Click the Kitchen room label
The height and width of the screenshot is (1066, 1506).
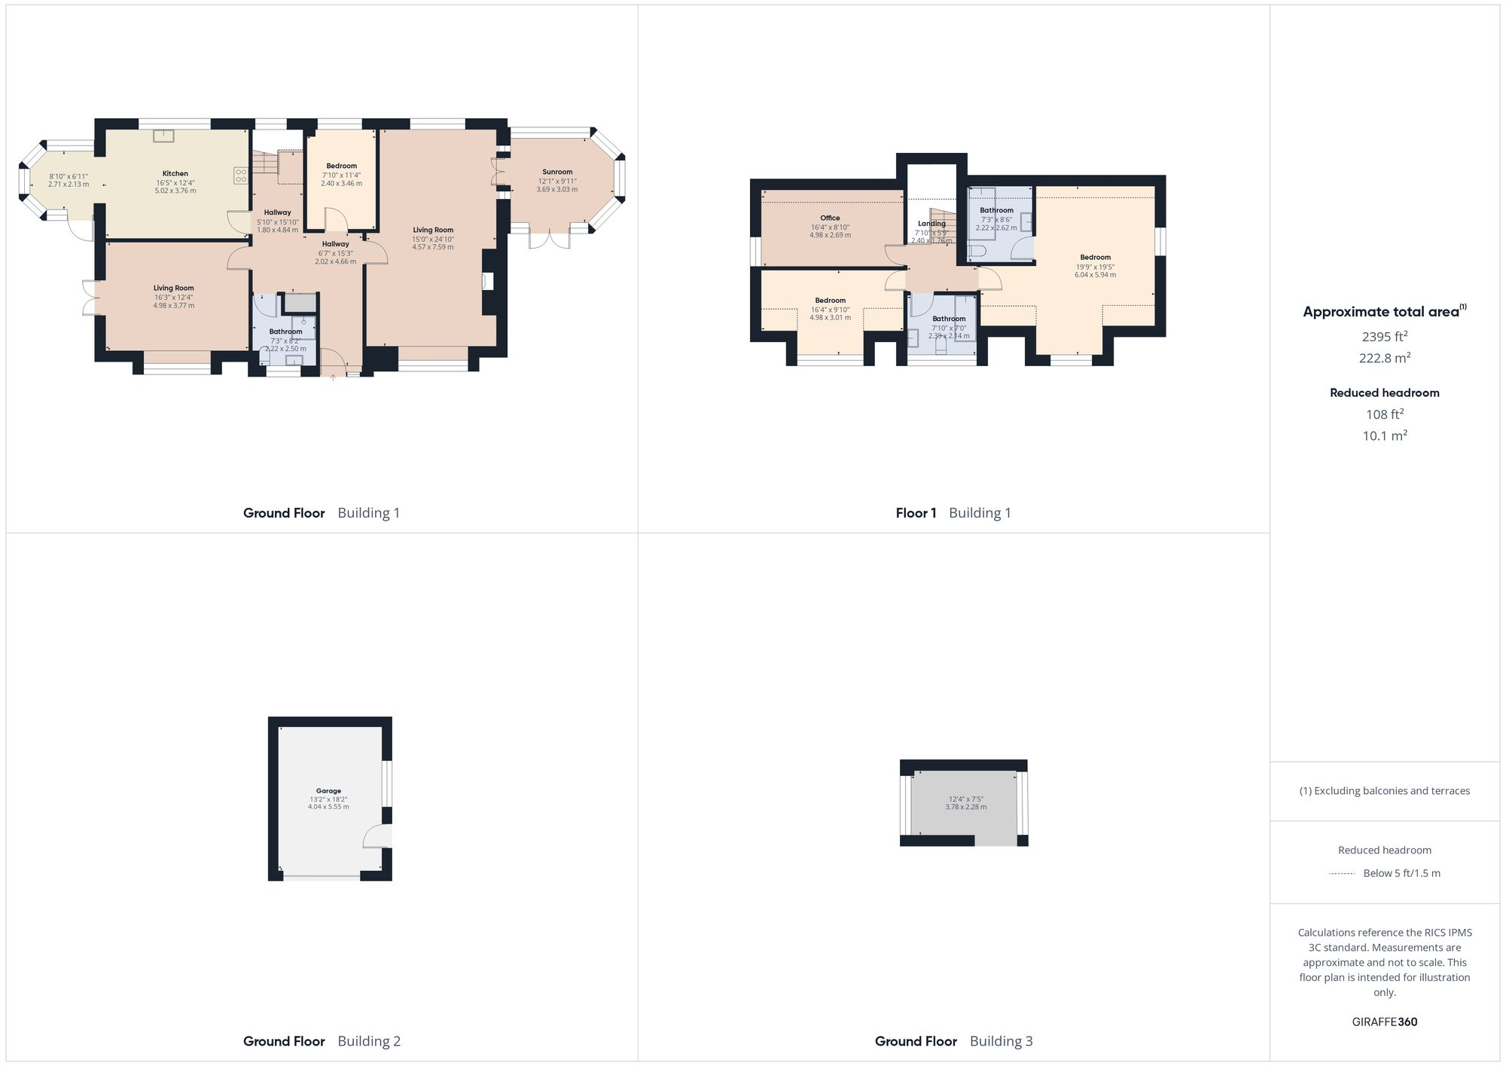[175, 174]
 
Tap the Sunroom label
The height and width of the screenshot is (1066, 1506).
[557, 172]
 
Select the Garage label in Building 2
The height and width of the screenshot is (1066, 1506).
[328, 791]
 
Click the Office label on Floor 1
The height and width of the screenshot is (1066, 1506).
[830, 218]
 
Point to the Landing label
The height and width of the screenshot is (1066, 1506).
[931, 224]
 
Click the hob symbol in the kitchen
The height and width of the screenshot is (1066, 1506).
[241, 176]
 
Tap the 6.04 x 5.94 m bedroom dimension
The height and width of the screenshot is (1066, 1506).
[1095, 275]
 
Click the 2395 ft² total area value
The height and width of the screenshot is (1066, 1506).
[1384, 337]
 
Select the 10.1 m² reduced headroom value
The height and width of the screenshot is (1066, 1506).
[1384, 435]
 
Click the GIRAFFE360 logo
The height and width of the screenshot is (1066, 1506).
[1384, 1022]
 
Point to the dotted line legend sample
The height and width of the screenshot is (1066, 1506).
[1342, 874]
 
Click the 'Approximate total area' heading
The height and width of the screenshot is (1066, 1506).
[1381, 312]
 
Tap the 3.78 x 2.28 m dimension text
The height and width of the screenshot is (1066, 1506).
[965, 807]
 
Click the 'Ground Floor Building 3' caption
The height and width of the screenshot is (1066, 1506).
[953, 1041]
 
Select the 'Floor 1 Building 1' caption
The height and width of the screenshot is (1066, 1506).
[953, 513]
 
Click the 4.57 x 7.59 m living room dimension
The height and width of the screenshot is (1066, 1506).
[432, 247]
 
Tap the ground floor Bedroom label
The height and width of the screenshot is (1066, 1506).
[341, 166]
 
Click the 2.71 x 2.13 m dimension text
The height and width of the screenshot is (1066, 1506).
[69, 185]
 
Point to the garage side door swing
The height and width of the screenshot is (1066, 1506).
[376, 836]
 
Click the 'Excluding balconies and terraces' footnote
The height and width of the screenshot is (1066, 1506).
[1384, 791]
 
